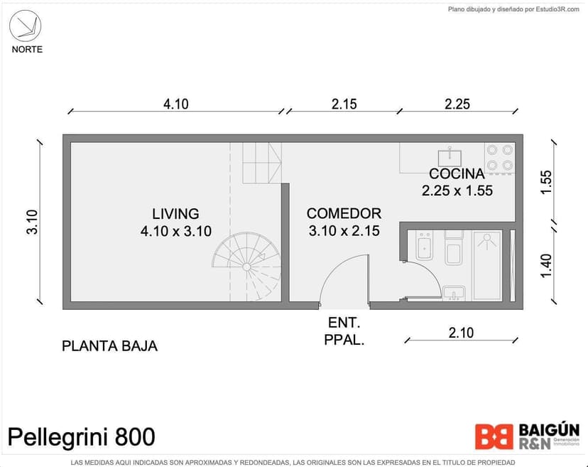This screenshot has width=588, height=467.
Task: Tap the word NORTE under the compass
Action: click(x=27, y=49)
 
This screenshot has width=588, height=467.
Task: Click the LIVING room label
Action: click(x=175, y=213)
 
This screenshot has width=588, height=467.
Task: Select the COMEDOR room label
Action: click(x=344, y=213)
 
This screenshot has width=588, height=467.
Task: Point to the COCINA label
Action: click(x=457, y=173)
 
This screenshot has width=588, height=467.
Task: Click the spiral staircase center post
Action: click(x=246, y=267)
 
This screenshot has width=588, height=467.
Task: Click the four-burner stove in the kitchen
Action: click(x=499, y=158)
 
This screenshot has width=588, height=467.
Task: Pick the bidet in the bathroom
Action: click(x=425, y=246)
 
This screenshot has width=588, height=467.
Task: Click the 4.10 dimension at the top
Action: click(x=176, y=104)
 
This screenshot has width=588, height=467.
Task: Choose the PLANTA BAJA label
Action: click(x=109, y=346)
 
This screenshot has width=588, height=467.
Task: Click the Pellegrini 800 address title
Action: click(x=81, y=436)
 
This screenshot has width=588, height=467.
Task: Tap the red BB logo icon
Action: click(x=494, y=436)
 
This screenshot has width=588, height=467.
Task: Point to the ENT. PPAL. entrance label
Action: click(x=344, y=331)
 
